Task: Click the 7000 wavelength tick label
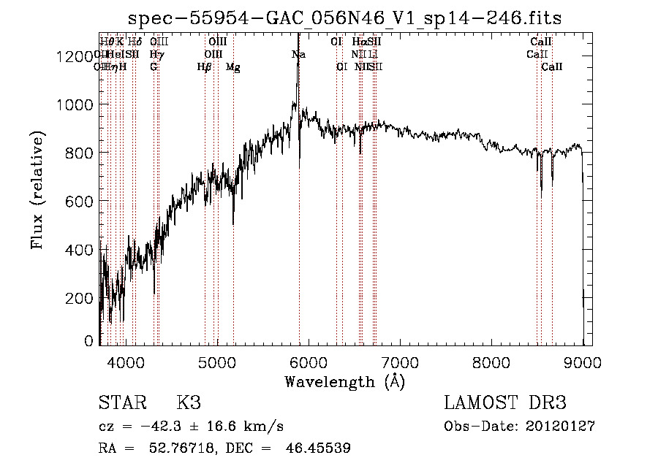pyautogui.click(x=399, y=362)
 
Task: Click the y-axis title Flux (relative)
pyautogui.click(x=38, y=190)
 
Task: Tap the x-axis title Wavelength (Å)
pyautogui.click(x=344, y=381)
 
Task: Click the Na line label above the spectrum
pyautogui.click(x=298, y=55)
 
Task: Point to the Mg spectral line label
pyautogui.click(x=233, y=67)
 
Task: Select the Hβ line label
pyautogui.click(x=205, y=67)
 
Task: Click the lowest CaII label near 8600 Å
pyautogui.click(x=552, y=67)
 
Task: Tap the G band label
pyautogui.click(x=154, y=67)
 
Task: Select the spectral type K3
pyautogui.click(x=188, y=403)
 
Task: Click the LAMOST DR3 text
pyautogui.click(x=505, y=403)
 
